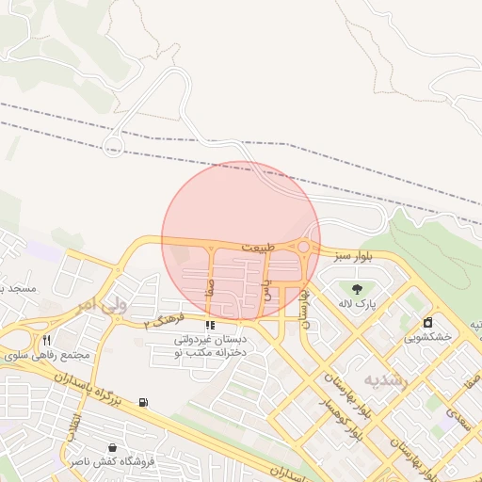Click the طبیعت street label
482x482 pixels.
click(259, 247)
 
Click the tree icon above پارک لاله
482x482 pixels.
click(358, 288)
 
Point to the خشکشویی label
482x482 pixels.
click(428, 336)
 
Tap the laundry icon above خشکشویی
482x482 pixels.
click(428, 322)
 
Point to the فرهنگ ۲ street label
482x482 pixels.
click(161, 320)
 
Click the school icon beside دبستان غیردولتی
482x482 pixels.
click(209, 326)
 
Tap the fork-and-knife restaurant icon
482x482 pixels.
click(46, 340)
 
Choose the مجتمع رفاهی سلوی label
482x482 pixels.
click(47, 356)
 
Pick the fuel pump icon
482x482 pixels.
click(142, 402)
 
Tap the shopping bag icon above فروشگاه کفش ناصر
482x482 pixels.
click(113, 447)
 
